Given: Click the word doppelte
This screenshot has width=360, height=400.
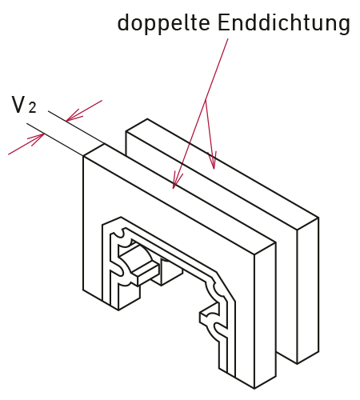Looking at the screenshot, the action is click(x=163, y=23).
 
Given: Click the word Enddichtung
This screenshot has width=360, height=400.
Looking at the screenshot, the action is click(x=284, y=23).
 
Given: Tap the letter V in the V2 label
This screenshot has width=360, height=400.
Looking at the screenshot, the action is click(x=18, y=105).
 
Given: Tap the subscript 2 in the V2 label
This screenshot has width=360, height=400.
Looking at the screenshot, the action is click(x=32, y=108).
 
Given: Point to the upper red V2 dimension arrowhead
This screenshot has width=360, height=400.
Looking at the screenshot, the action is click(x=74, y=115).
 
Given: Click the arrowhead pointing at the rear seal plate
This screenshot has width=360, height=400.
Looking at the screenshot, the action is click(x=213, y=161).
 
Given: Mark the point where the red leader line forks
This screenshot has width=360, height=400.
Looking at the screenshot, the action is click(x=206, y=101).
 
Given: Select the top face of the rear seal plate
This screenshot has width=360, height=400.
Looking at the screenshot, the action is click(x=222, y=174).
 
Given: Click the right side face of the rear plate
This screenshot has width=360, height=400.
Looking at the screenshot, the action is click(x=308, y=290).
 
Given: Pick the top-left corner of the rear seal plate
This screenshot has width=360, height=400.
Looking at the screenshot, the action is click(x=126, y=131).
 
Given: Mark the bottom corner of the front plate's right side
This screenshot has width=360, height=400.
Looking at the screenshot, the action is click(x=254, y=389).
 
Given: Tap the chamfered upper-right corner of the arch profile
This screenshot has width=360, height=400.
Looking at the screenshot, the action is click(x=226, y=286).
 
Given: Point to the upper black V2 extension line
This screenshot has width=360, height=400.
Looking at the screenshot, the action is click(x=77, y=127).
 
